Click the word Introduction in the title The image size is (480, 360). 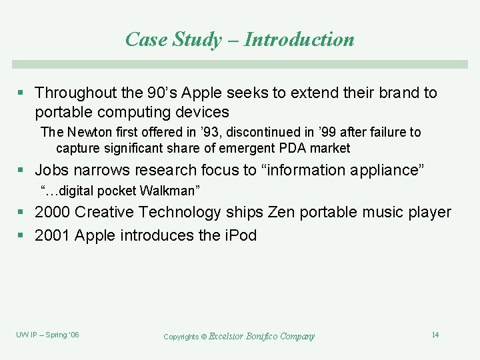pyautogui.click(x=299, y=40)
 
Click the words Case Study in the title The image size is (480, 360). pyautogui.click(x=173, y=40)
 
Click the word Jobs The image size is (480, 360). pyautogui.click(x=51, y=170)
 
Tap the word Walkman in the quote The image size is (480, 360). pyautogui.click(x=170, y=191)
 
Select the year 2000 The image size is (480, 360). pyautogui.click(x=52, y=213)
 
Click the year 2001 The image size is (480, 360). pyautogui.click(x=52, y=235)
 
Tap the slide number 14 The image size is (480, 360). pyautogui.click(x=435, y=335)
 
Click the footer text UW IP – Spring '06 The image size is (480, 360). pyautogui.click(x=47, y=335)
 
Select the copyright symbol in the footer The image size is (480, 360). pyautogui.click(x=204, y=337)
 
